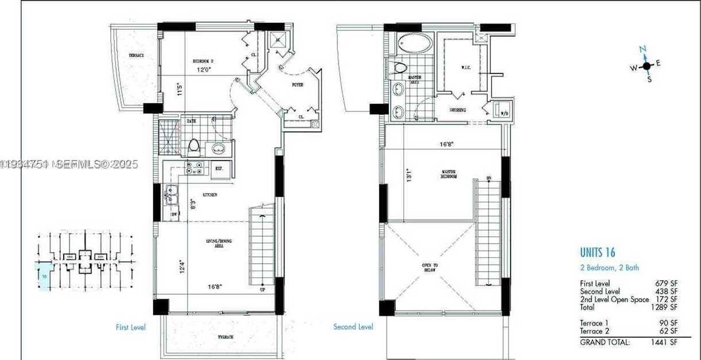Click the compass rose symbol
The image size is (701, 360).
(x=647, y=65)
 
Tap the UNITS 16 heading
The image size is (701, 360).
(x=597, y=253)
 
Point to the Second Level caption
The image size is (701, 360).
(x=353, y=327)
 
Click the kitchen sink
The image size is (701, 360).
(x=172, y=195)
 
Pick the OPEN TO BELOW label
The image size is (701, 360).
(x=429, y=267)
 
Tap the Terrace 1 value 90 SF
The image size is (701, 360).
(x=668, y=323)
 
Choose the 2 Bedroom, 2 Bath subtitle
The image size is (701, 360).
(x=609, y=268)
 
